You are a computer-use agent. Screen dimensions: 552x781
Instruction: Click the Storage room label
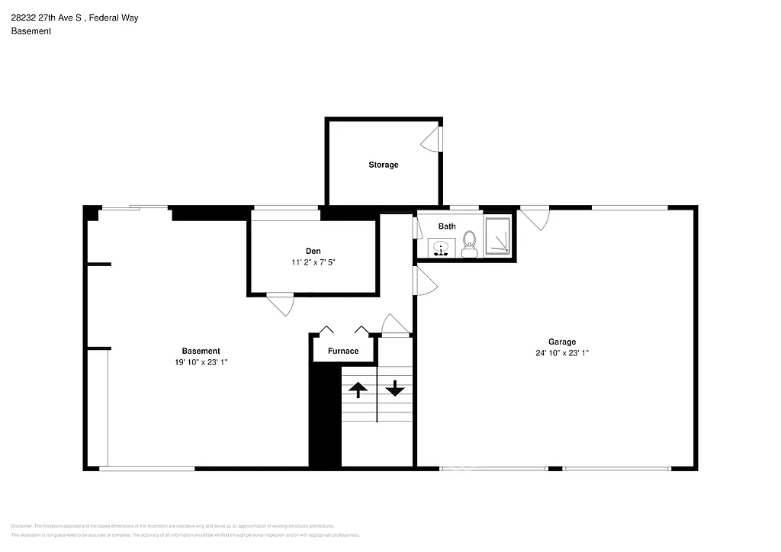383,165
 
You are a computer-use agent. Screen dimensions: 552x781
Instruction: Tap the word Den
313,250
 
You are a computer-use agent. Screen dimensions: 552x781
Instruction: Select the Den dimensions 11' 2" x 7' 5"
313,262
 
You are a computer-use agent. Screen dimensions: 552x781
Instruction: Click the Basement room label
201,351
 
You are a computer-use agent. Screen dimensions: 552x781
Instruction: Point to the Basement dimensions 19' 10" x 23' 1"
201,363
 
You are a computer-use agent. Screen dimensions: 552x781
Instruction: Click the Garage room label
562,342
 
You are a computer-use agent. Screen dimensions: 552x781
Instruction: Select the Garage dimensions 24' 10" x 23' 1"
562,353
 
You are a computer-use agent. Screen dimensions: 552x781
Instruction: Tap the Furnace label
343,351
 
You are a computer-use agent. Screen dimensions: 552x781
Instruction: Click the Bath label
447,226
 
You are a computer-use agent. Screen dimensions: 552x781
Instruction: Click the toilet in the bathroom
469,244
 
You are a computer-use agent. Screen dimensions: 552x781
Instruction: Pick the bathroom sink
440,247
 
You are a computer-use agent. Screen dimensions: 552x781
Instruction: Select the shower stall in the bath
499,235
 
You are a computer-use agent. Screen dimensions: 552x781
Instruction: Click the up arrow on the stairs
358,390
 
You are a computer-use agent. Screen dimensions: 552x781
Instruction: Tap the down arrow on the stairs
394,390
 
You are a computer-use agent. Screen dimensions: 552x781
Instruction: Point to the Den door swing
281,304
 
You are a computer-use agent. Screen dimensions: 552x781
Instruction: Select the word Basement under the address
31,31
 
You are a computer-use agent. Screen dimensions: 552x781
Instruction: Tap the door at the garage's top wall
535,217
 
